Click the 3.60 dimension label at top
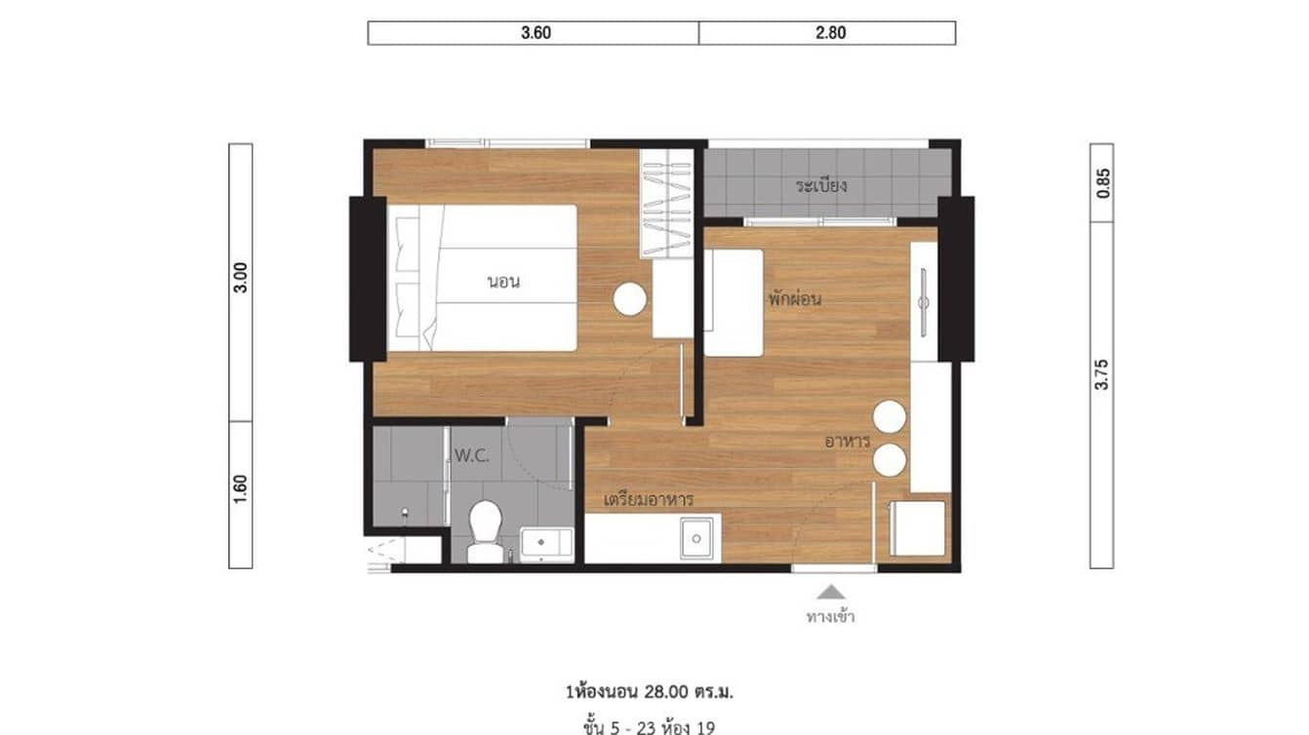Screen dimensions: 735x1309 point(535,32)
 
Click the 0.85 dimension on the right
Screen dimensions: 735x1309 point(1102,183)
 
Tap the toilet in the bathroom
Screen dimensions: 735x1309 point(484,530)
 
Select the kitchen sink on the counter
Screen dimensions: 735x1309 point(696,537)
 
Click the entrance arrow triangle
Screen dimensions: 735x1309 point(830,591)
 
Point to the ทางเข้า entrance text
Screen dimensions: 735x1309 point(830,616)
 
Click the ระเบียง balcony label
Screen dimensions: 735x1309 point(819,184)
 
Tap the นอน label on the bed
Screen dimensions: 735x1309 point(503,283)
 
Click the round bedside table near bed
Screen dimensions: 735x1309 point(629,299)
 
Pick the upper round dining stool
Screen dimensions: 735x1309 point(890,417)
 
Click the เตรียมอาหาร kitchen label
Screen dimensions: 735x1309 point(649,499)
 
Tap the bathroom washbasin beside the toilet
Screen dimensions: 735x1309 point(546,543)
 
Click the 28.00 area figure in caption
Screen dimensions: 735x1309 point(664,692)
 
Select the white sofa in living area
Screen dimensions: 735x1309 point(734,302)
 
